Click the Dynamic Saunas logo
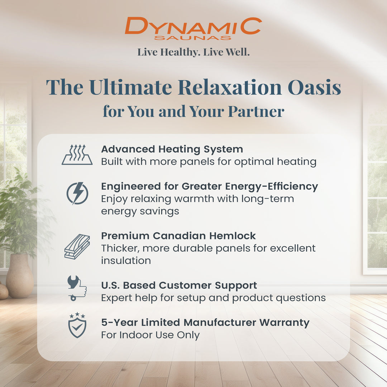click(x=193, y=28)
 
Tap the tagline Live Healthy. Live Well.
click(x=193, y=52)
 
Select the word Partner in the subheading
click(x=256, y=111)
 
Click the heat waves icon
click(x=77, y=155)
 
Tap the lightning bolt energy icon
click(x=77, y=193)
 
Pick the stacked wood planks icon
click(x=77, y=247)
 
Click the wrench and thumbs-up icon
click(x=77, y=288)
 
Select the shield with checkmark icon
click(x=77, y=325)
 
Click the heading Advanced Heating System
click(x=172, y=149)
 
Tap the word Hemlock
click(x=233, y=236)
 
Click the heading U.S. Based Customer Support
click(x=179, y=286)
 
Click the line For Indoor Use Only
click(x=150, y=335)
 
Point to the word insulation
click(x=126, y=261)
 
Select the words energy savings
click(x=140, y=211)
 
